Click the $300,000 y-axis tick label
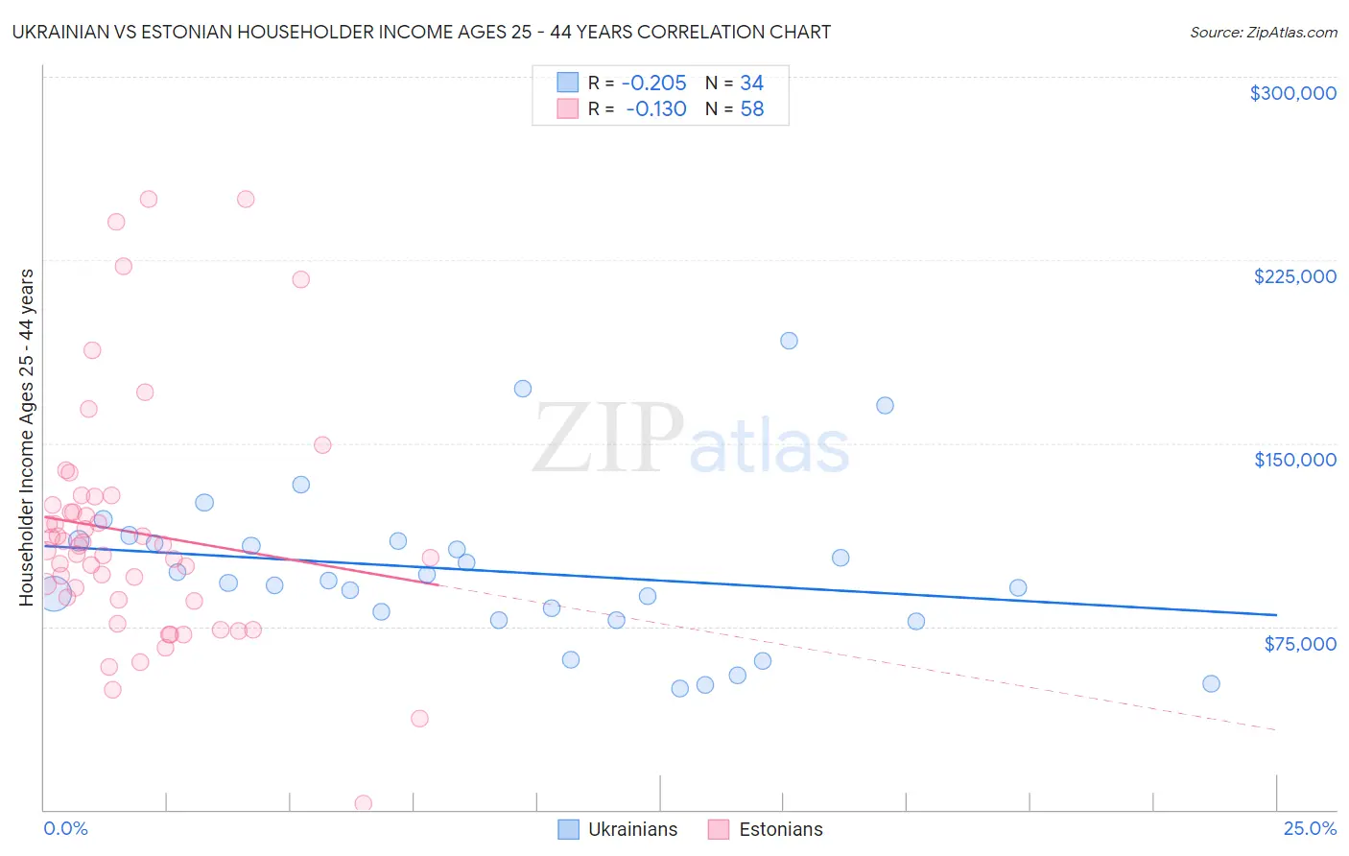(x=1292, y=93)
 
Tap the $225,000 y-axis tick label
(x=1294, y=276)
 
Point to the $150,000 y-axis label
(x=1294, y=460)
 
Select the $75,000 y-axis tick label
(x=1299, y=644)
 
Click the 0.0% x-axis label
(x=65, y=829)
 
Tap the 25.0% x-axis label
(x=1310, y=829)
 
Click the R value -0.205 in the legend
(x=653, y=83)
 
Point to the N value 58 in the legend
(x=752, y=109)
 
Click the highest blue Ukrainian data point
(x=789, y=341)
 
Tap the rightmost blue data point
(x=1211, y=684)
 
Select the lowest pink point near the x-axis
(x=364, y=803)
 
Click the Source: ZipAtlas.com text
(x=1263, y=33)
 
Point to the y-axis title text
(x=26, y=438)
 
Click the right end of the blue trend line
(x=1276, y=614)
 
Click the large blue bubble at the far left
(x=54, y=593)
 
